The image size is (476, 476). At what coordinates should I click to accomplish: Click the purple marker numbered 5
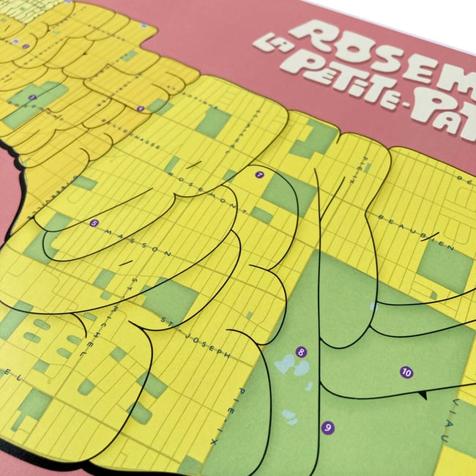(x=94, y=223)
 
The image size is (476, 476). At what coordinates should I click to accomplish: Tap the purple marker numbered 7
(x=259, y=175)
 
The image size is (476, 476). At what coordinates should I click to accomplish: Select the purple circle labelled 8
(x=301, y=352)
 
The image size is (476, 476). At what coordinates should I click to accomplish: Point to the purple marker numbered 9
(x=327, y=428)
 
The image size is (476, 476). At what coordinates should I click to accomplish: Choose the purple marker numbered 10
(x=406, y=372)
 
